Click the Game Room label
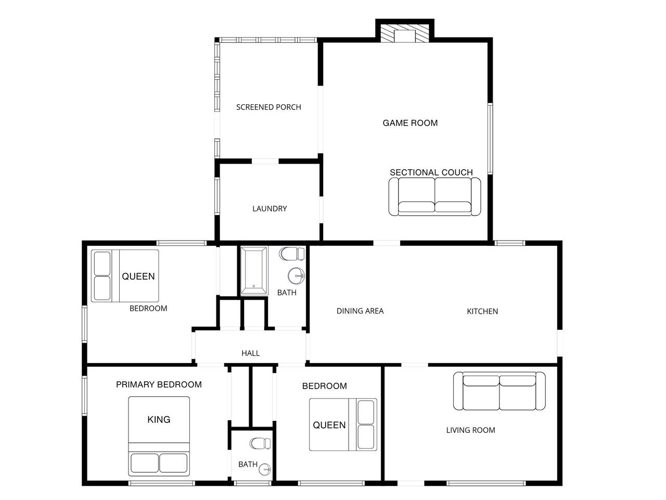coord(410,123)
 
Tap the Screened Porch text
coord(268,107)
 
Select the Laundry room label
coord(270,208)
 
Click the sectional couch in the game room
coord(434,196)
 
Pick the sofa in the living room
coord(499,391)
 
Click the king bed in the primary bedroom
coord(159,436)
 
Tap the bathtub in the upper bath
coord(254,270)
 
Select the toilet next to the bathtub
coord(292,254)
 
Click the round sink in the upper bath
coord(296,276)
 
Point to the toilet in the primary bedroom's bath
coord(260,443)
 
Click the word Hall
coord(250,353)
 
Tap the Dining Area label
coord(360,311)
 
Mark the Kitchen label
coord(482,311)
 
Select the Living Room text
coord(470,430)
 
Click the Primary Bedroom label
coord(159,385)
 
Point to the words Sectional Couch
coord(431,172)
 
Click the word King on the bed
coord(159,420)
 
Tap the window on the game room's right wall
coord(490,139)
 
